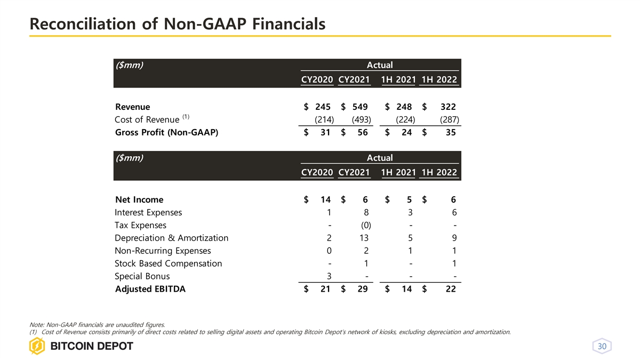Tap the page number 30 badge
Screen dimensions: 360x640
[602, 347]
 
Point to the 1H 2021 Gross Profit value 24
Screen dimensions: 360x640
[406, 133]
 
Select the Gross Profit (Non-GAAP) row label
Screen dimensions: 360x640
[167, 133]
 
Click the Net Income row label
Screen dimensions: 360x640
[139, 200]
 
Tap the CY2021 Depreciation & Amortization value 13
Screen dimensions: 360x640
[364, 238]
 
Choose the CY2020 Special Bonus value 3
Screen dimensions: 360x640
[330, 276]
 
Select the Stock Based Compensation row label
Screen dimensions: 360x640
[168, 263]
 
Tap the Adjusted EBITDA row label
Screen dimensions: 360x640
[150, 290]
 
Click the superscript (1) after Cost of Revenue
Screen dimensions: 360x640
[186, 117]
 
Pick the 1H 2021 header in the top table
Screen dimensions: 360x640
[398, 81]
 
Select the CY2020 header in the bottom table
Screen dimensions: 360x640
[317, 173]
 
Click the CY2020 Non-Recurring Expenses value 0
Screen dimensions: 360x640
[330, 251]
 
